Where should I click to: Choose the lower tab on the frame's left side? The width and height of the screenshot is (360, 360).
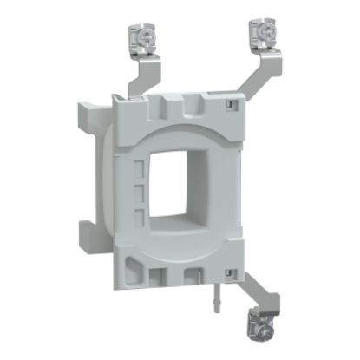coord(88,229)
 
